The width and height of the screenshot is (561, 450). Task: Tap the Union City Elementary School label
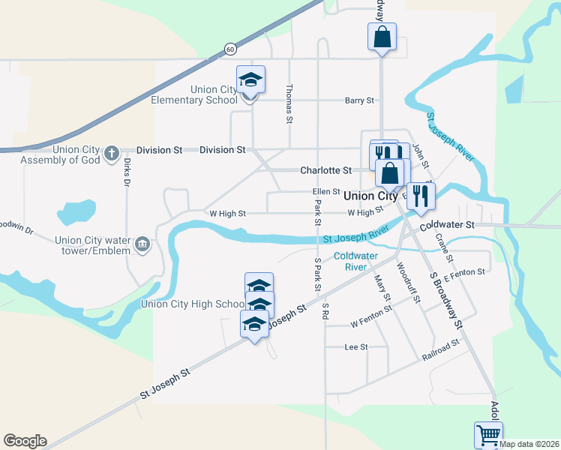[x=194, y=94]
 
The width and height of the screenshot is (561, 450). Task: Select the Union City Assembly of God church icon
[x=111, y=154]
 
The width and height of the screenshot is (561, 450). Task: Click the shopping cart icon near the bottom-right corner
[x=488, y=434]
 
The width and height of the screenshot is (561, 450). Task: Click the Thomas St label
[x=288, y=103]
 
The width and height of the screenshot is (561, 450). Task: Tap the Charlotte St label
[x=325, y=170]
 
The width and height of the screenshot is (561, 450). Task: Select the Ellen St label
[x=326, y=192]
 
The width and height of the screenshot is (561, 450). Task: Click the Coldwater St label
[x=448, y=224]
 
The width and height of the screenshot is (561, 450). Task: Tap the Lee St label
[x=355, y=347]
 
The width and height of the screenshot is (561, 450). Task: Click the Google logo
[x=25, y=441]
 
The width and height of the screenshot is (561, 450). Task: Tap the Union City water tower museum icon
[x=142, y=244]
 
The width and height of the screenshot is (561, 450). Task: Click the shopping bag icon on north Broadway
[x=382, y=37]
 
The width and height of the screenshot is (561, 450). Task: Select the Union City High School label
[x=193, y=304]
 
